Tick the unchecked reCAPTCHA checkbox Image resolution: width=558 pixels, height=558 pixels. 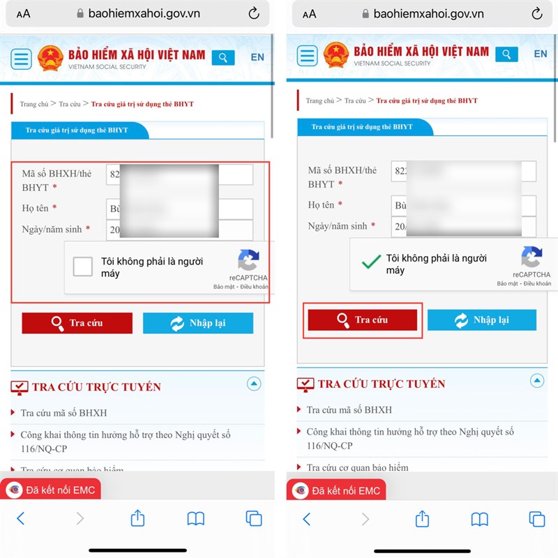pos(83,266)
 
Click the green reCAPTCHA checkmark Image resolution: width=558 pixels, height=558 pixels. pos(370,263)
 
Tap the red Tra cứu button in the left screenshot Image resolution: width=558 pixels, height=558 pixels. pos(77,323)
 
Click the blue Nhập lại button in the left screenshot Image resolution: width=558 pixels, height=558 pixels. pos(198,323)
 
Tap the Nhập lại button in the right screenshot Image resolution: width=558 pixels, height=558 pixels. pos(482,320)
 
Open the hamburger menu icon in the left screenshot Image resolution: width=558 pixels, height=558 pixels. pos(22,58)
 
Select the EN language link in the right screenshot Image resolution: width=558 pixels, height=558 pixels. pos(541,54)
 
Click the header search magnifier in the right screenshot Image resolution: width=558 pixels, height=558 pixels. pos(507,54)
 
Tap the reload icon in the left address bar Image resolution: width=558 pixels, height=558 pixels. pos(253,13)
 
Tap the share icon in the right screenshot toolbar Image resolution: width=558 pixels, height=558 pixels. pos(422,518)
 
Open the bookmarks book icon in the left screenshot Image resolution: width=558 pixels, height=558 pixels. pos(196,518)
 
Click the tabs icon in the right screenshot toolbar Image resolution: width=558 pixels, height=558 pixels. pos(537,518)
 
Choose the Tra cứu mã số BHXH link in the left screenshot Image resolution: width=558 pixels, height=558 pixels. pos(63,413)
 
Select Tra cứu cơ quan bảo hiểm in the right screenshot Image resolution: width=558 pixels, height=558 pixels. pos(357,467)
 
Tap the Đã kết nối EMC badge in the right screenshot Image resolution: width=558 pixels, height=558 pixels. pos(336,490)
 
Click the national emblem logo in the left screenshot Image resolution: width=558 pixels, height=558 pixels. pos(50,58)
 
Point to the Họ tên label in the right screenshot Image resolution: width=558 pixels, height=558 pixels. pos(322,205)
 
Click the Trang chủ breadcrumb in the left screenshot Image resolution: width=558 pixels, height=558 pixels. pos(33,104)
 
